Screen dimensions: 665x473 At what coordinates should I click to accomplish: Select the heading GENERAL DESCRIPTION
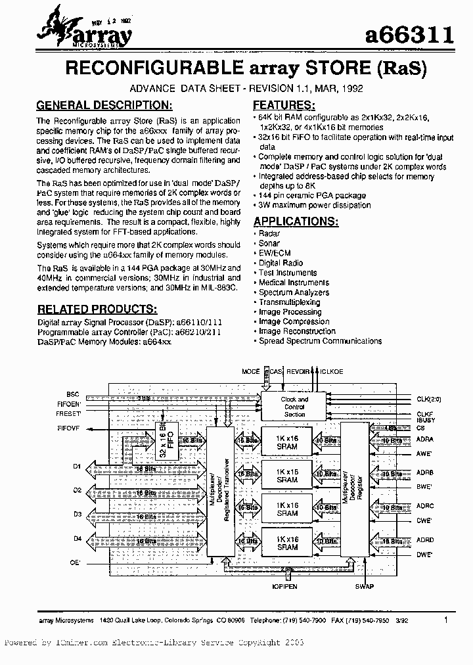point(104,105)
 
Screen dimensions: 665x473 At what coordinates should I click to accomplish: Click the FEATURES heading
point(283,105)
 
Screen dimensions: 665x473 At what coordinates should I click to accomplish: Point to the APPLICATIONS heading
point(296,221)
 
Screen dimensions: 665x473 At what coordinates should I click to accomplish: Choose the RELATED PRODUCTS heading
point(97,308)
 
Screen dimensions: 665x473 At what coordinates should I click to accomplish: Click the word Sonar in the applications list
point(269,243)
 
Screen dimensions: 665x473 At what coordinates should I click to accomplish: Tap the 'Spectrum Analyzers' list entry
point(294,292)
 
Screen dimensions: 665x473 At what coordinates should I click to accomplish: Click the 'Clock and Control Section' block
point(294,407)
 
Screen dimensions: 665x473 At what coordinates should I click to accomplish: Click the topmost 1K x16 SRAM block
point(287,442)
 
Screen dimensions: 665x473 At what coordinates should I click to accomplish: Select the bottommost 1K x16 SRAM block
point(287,543)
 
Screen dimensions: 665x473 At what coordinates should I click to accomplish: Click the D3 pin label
point(77,515)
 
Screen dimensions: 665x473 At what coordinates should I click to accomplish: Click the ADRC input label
point(425,506)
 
